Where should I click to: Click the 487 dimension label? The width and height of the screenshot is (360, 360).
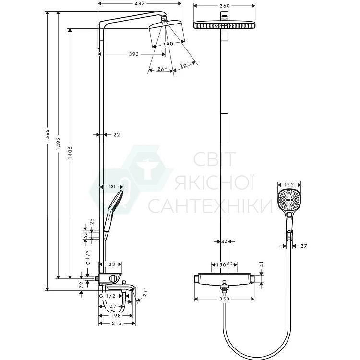point(140,3)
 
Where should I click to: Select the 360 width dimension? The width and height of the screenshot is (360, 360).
point(225,6)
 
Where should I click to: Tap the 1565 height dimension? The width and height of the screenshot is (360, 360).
point(48,135)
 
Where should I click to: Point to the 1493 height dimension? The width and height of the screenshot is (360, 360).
point(58,144)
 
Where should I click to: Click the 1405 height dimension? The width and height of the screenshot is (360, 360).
point(70,153)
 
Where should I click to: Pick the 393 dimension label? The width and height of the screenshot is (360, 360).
point(133,54)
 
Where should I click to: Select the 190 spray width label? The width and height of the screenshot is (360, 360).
point(168,44)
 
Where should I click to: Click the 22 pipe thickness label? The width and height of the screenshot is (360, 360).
point(117,135)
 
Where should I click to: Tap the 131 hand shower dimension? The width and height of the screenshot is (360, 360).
point(112,187)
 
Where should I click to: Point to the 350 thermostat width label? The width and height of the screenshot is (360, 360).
point(224,299)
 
